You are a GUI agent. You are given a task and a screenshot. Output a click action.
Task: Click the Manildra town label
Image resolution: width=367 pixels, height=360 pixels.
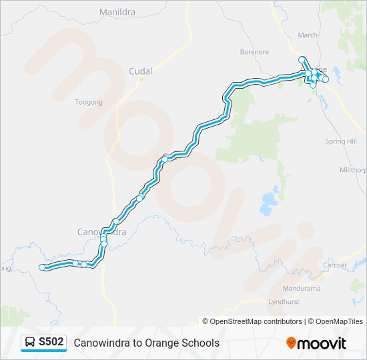(x=117, y=12)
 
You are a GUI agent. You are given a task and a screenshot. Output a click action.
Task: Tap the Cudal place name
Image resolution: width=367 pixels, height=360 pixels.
(x=141, y=71)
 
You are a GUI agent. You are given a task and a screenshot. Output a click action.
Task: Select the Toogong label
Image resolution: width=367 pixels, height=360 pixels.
(x=89, y=102)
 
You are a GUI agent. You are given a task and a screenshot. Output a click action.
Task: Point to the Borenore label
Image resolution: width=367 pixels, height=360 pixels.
(x=254, y=51)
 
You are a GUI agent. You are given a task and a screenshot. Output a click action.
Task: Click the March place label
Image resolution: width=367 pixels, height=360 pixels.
(x=308, y=35)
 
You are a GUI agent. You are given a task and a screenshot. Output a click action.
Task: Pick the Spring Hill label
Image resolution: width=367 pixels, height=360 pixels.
(x=340, y=141)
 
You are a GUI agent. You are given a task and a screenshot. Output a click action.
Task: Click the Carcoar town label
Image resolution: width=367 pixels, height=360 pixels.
(x=334, y=265)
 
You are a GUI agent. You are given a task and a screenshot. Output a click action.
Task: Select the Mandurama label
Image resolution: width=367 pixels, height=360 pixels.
(x=302, y=289)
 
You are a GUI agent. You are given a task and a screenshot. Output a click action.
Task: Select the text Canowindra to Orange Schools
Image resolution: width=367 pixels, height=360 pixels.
(x=146, y=343)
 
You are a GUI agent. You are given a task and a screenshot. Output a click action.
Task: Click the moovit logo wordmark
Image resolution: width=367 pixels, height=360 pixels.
(x=322, y=343)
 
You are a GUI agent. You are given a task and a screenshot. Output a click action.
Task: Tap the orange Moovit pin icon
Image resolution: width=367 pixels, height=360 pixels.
(x=291, y=343)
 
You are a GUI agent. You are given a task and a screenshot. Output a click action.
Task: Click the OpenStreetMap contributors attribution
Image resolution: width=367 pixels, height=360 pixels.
(x=252, y=321)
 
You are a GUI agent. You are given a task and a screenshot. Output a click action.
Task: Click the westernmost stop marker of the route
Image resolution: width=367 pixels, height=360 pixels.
(x=43, y=267)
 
